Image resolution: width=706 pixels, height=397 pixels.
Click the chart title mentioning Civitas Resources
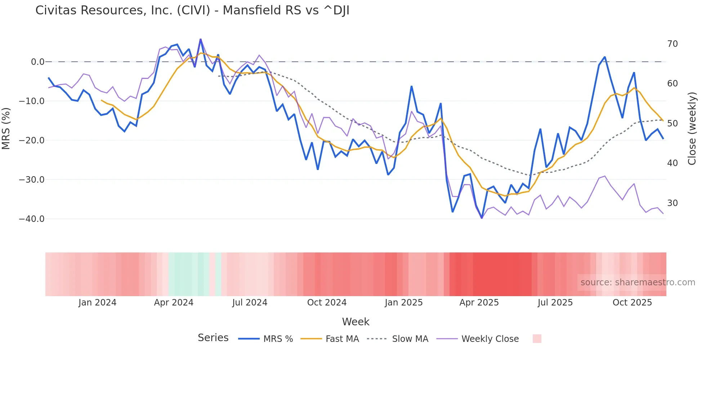pyautogui.click(x=192, y=10)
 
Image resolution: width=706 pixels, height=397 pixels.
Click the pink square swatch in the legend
pyautogui.click(x=537, y=339)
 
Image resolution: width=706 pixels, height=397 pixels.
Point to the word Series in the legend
pyautogui.click(x=213, y=338)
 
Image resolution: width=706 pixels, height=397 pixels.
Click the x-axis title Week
pyautogui.click(x=356, y=322)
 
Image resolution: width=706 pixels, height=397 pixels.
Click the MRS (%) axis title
pyautogui.click(x=6, y=129)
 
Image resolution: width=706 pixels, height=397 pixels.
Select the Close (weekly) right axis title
pyautogui.click(x=692, y=129)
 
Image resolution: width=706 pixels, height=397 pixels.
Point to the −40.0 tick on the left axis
pyautogui.click(x=32, y=219)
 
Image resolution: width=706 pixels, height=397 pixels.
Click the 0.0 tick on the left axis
pyautogui.click(x=37, y=62)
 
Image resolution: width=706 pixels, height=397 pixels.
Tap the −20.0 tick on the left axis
pyautogui.click(x=32, y=140)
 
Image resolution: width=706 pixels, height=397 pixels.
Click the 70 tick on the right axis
pyautogui.click(x=672, y=44)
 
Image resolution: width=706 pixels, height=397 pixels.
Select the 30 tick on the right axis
pyautogui.click(x=672, y=203)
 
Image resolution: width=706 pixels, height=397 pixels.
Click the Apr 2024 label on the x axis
pyautogui.click(x=174, y=303)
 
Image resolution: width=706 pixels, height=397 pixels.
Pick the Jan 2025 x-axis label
pyautogui.click(x=403, y=303)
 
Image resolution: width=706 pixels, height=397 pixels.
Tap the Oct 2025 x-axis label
pyautogui.click(x=632, y=303)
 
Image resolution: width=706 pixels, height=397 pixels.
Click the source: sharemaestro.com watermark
pyautogui.click(x=638, y=282)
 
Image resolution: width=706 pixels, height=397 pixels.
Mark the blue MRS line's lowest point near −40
pyautogui.click(x=482, y=218)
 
